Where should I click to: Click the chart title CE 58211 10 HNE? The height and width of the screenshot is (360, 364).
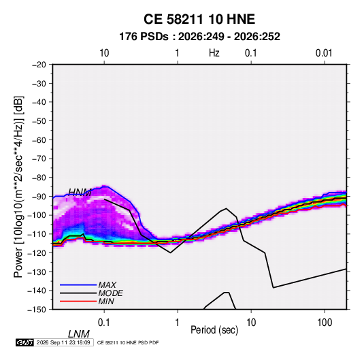pyautogui.click(x=199, y=19)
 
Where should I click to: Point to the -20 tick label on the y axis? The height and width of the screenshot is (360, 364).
pyautogui.click(x=39, y=65)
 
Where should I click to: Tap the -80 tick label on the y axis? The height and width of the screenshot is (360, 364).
pyautogui.click(x=39, y=178)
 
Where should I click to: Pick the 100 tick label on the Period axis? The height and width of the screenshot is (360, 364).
pyautogui.click(x=325, y=323)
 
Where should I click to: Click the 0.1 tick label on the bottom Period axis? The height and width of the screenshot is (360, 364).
pyautogui.click(x=103, y=323)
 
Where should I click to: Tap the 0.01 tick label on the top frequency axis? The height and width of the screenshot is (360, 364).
pyautogui.click(x=324, y=53)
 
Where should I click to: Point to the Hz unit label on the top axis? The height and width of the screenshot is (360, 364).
pyautogui.click(x=214, y=53)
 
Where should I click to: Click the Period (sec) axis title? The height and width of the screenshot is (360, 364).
pyautogui.click(x=214, y=330)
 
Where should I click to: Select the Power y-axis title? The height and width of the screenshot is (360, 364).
pyautogui.click(x=18, y=187)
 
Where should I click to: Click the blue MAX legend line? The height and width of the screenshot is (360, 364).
pyautogui.click(x=78, y=285)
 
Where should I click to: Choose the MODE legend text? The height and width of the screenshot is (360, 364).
pyautogui.click(x=110, y=293)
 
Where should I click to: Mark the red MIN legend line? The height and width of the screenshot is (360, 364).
pyautogui.click(x=78, y=301)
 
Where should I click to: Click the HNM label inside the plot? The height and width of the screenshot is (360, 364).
pyautogui.click(x=80, y=193)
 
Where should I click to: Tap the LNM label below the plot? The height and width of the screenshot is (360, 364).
pyautogui.click(x=79, y=334)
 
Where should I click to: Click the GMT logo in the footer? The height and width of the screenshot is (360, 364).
pyautogui.click(x=25, y=342)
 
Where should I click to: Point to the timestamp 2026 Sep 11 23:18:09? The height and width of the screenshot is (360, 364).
pyautogui.click(x=63, y=342)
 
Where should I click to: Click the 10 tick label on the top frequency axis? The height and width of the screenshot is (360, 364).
pyautogui.click(x=104, y=53)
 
